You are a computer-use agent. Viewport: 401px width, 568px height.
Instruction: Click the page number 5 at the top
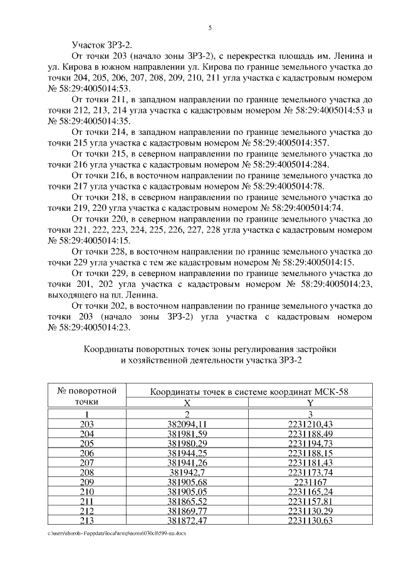tap(210, 28)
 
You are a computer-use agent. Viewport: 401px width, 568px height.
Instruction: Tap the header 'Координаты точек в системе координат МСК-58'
tap(248, 392)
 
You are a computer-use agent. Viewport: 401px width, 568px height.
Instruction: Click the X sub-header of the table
tap(187, 403)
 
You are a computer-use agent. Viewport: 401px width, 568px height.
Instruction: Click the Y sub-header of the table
tap(310, 403)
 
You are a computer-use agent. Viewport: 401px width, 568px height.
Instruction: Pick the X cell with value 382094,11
tap(187, 424)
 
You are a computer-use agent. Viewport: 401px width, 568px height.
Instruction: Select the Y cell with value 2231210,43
tap(310, 424)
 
